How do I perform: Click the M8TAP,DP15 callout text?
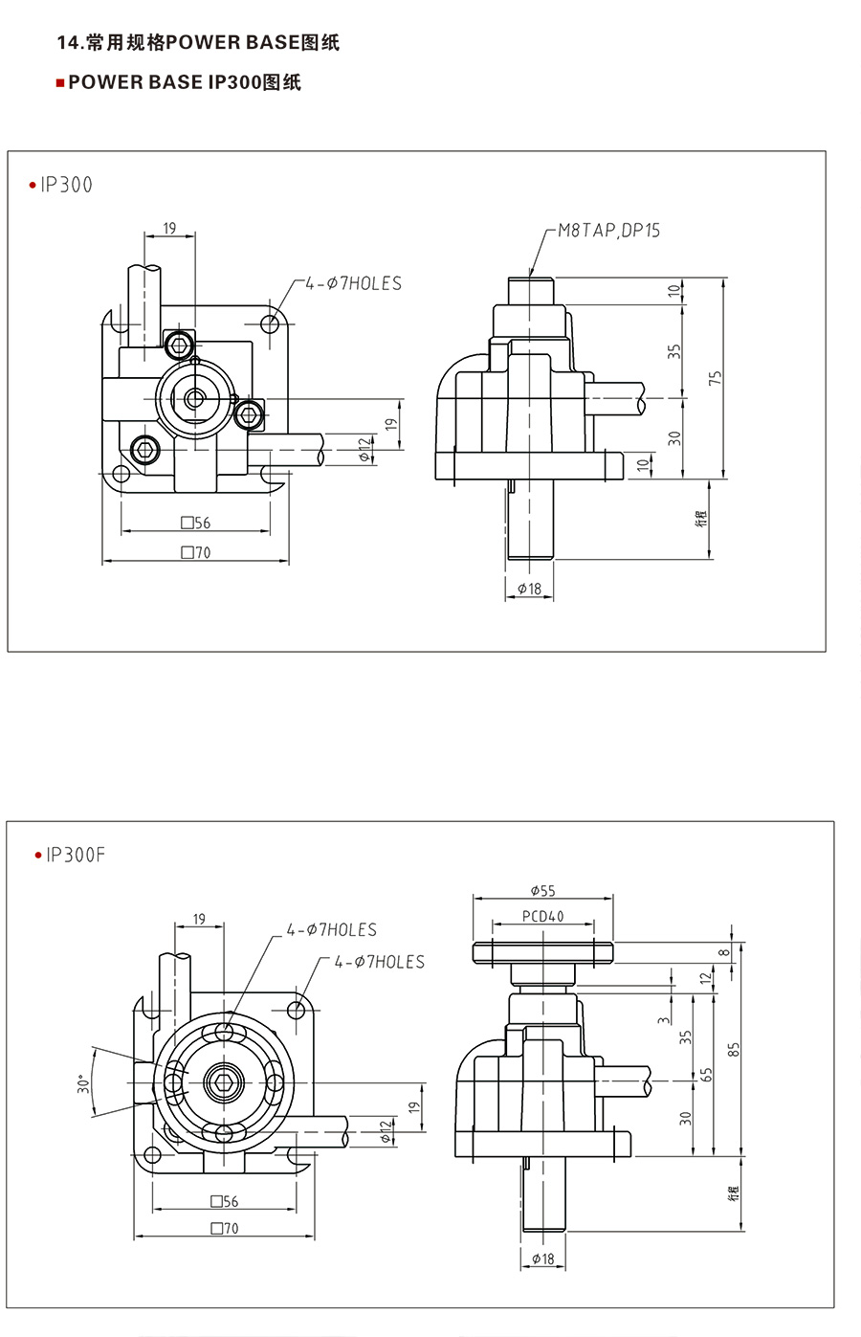click(608, 231)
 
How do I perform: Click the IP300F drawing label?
click(76, 856)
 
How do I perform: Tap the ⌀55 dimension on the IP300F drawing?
click(543, 891)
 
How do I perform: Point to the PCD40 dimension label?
click(543, 916)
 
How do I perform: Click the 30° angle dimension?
click(83, 1082)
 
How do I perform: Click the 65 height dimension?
click(706, 1075)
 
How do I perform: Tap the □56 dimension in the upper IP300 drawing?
click(196, 523)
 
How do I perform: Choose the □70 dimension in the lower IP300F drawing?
click(225, 1228)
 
